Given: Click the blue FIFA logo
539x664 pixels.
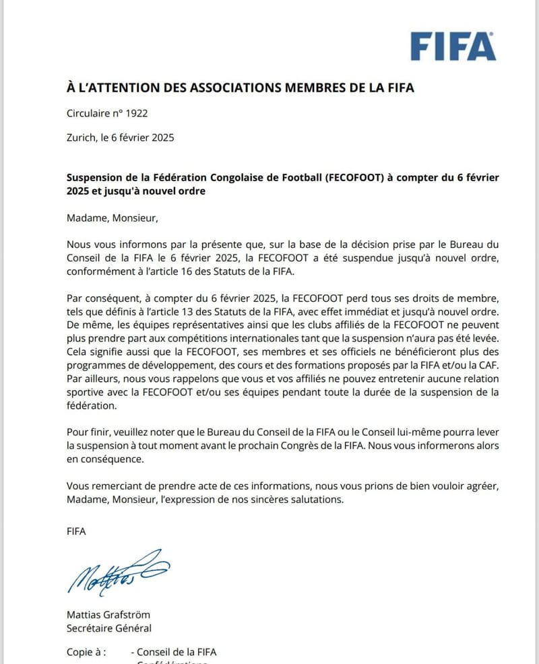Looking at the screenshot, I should [x=453, y=46].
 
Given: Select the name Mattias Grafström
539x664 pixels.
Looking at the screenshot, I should [x=108, y=615].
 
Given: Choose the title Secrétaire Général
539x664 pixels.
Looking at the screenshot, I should [x=109, y=628].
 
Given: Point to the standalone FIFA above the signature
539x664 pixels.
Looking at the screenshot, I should [x=77, y=531].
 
